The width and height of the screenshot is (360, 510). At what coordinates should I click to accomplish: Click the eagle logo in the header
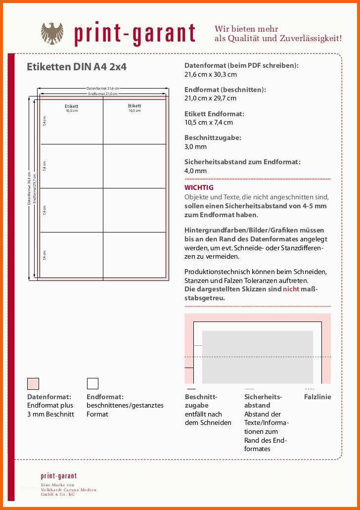52,33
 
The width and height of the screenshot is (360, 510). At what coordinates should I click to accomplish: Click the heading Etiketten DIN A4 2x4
77,67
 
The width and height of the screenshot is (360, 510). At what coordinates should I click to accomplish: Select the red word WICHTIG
199,187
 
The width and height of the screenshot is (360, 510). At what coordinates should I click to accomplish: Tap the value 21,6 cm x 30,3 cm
210,74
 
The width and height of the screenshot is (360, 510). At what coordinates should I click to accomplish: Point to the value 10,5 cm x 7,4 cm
208,122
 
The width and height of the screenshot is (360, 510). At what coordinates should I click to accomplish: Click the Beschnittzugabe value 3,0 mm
195,146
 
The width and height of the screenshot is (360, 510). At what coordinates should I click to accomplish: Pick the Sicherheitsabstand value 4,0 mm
195,171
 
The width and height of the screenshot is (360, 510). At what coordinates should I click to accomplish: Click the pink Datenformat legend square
33,383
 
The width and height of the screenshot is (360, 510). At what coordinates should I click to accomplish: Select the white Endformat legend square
92,383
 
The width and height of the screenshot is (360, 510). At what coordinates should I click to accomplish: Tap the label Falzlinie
317,397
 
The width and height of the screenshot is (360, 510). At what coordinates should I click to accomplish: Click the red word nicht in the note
291,289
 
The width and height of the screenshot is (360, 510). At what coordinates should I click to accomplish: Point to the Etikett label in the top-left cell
72,106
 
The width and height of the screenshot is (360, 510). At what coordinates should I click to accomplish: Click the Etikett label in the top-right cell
135,106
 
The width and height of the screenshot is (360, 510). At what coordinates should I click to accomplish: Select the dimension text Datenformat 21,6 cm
103,89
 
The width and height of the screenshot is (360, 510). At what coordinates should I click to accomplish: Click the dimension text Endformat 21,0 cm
103,93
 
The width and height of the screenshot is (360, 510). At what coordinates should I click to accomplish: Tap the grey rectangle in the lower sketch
258,357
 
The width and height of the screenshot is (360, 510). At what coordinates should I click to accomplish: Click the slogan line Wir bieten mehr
246,29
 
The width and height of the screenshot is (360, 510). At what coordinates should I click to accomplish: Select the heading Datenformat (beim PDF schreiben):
241,65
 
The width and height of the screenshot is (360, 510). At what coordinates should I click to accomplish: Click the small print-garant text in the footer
59,476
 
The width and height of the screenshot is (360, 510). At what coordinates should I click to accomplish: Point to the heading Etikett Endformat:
214,114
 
